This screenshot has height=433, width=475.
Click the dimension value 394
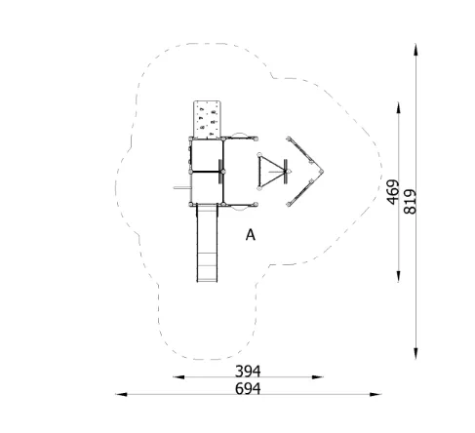point(248,371)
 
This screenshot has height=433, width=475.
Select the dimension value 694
point(248,388)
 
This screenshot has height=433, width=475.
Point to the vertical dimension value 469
point(393,192)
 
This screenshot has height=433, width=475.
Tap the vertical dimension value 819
point(410,202)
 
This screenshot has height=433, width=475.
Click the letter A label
point(251,235)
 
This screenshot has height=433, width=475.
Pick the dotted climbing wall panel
point(207,119)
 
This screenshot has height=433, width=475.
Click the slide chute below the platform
point(207,243)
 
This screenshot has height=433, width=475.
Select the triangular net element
point(271,172)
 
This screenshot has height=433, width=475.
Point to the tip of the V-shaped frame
point(322,172)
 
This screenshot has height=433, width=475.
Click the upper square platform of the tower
point(207,155)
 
